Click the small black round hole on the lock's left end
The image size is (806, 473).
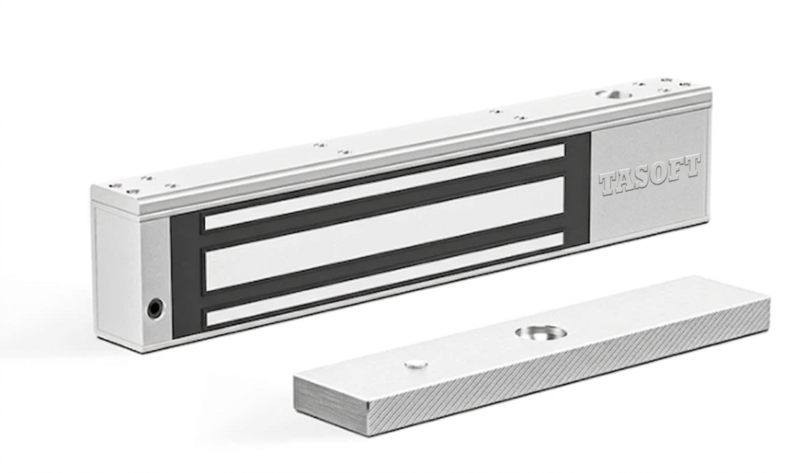tap(154, 308)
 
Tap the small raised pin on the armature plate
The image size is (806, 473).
tap(416, 364)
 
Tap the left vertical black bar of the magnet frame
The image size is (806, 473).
tap(186, 276)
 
